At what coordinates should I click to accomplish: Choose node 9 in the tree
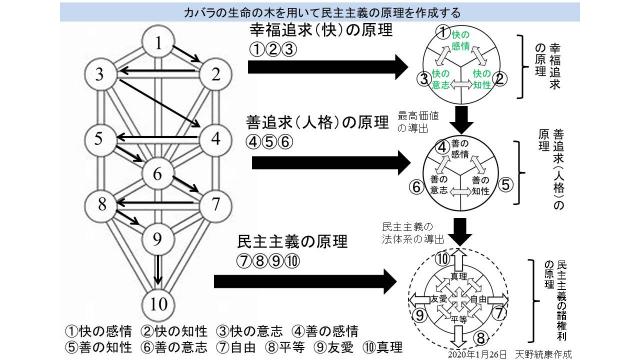[x=156, y=238]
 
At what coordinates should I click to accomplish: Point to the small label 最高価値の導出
[x=411, y=123]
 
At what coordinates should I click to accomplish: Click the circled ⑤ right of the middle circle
[x=506, y=184]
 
